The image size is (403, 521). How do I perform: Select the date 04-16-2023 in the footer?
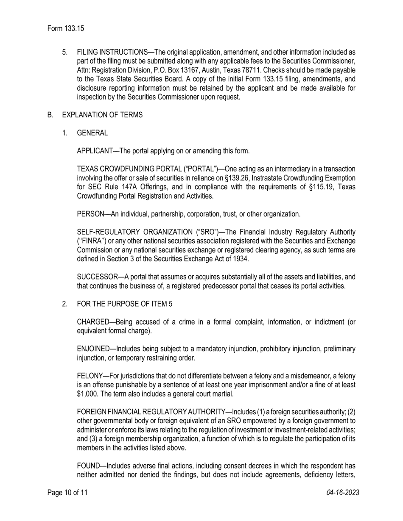pos(343,493)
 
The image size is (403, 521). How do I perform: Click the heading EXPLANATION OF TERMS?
pos(102,115)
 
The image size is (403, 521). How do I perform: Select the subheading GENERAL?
pos(92,133)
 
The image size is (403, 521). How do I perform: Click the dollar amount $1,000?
pos(88,394)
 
